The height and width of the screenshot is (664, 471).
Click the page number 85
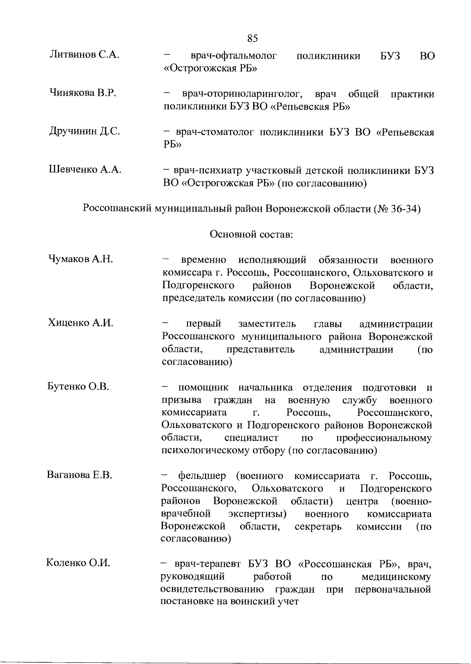point(253,38)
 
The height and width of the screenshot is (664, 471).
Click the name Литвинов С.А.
point(84,55)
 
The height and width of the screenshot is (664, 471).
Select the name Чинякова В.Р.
point(83,93)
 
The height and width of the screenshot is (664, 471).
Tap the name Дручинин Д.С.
point(84,131)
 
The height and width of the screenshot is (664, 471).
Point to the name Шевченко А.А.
point(85,169)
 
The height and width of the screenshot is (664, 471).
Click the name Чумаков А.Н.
point(81,259)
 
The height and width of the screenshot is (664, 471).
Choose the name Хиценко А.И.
point(80,323)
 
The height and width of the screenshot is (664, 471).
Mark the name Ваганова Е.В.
point(80,475)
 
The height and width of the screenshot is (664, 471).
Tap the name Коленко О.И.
point(78,563)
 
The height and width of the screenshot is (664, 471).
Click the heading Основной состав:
point(252,234)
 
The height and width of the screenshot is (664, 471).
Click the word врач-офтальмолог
point(234,56)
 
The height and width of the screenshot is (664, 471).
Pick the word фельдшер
point(202,476)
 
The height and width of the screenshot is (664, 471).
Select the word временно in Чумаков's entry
point(204,260)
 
